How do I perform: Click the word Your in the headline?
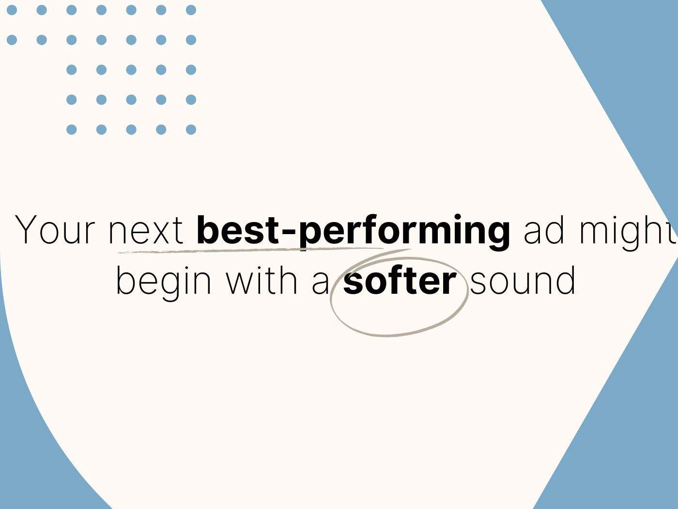pos(55,230)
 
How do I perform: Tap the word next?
pos(146,231)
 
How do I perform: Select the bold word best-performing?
pos(353,232)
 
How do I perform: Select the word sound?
pos(523,281)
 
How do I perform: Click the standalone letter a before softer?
pos(321,285)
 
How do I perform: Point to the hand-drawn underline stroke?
pos(250,250)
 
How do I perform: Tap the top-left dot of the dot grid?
pos(12,10)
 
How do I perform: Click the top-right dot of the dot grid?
pos(191,10)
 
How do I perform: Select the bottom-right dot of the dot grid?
pos(191,129)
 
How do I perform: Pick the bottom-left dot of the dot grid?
pos(71,129)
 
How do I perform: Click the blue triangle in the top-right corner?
pos(633,77)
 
